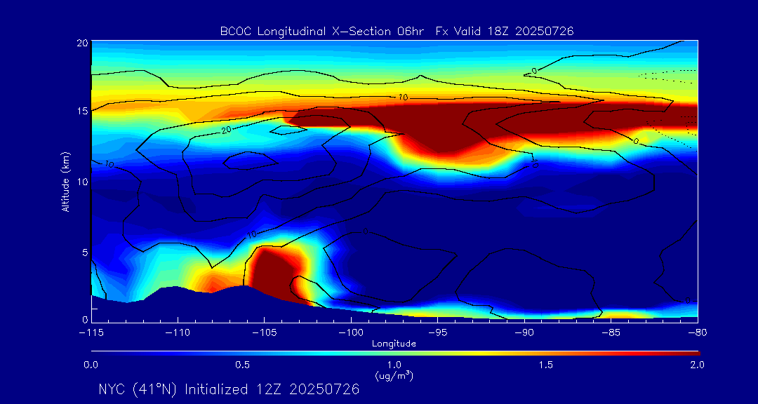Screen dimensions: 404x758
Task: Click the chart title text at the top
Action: pos(397,31)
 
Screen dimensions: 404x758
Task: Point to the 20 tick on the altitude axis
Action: pos(81,43)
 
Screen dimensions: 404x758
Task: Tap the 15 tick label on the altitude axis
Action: pos(81,112)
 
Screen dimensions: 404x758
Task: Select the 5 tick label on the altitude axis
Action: pos(83,251)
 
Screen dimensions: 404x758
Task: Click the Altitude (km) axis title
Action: pos(65,180)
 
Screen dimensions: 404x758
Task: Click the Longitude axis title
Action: pos(394,343)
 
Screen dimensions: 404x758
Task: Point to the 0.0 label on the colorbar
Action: pos(91,365)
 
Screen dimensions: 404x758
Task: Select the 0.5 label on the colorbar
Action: pos(243,365)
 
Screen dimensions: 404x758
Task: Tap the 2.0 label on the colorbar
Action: pos(696,365)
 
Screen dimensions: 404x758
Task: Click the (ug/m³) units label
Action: pos(394,376)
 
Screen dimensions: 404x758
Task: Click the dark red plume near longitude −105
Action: pos(275,270)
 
